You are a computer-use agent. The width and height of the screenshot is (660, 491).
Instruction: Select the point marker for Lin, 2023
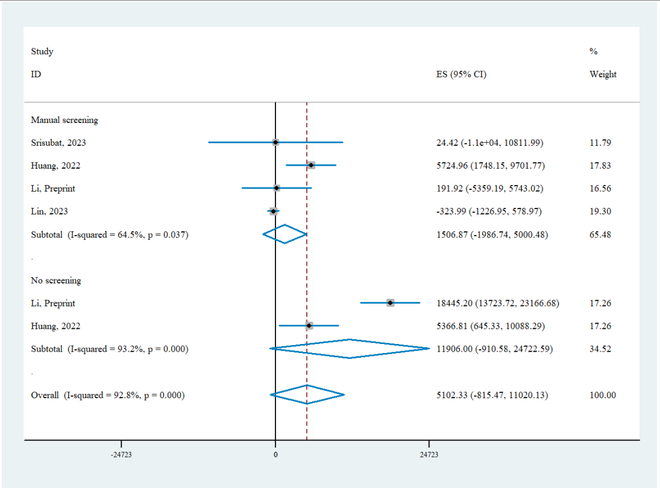[x=273, y=211]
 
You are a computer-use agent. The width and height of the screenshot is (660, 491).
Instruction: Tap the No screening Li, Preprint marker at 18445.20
[x=391, y=303]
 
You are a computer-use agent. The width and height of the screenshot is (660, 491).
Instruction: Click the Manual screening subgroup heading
[x=64, y=120]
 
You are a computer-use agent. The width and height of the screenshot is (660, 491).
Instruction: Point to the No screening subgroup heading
[x=56, y=280]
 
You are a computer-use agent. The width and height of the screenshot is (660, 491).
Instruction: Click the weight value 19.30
[x=600, y=211]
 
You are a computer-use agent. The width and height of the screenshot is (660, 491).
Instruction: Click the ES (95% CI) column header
[x=462, y=75]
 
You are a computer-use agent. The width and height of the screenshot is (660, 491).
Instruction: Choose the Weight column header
[x=603, y=75]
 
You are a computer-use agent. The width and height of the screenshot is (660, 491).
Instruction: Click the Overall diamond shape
[x=307, y=395]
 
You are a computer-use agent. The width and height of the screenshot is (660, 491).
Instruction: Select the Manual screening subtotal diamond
[x=285, y=234]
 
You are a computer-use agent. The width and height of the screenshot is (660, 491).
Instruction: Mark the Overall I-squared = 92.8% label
[x=108, y=395]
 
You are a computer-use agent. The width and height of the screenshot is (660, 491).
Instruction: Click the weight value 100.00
[x=603, y=395]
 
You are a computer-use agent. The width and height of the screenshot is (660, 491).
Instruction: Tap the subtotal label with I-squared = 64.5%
[x=110, y=234]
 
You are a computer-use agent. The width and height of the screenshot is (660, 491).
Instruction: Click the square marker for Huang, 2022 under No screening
[x=309, y=326]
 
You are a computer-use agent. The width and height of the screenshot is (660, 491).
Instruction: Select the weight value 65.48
[x=600, y=234]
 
